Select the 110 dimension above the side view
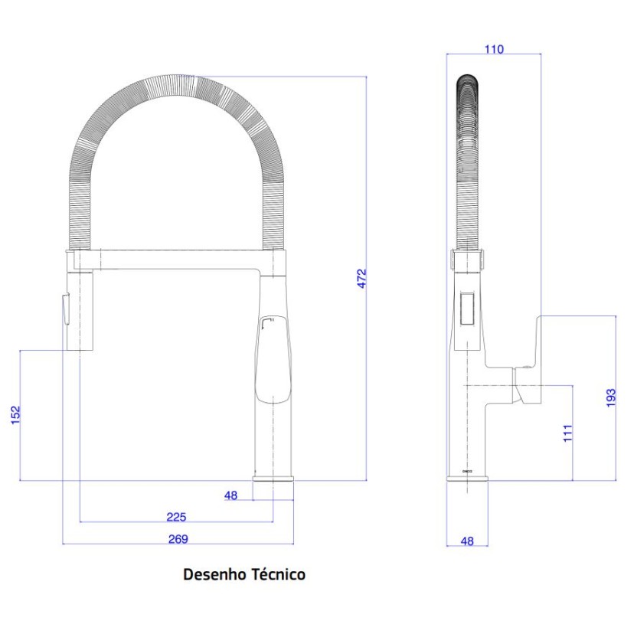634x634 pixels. pos(494,49)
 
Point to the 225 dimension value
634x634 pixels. pos(177,517)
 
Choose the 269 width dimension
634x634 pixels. pos(178,538)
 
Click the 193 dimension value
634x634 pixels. pos(610,397)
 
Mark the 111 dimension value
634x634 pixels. pos(567,433)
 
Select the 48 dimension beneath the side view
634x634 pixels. pos(467,541)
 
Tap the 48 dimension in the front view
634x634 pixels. pos(230,495)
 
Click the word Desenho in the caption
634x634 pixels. pos(214,574)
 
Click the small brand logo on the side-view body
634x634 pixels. pos(468,471)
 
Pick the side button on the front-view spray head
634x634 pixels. pos(64,309)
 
